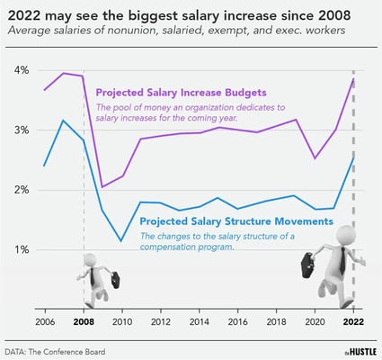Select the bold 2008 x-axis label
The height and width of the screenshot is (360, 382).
(84, 321)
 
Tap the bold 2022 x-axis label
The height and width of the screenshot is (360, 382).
(352, 321)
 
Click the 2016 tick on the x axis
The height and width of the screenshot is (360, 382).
(236, 321)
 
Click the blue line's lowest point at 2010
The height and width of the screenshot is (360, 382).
(121, 240)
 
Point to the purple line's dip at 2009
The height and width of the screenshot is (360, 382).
(102, 187)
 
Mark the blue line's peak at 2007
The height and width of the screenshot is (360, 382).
(63, 121)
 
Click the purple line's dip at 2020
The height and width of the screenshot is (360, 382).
(314, 158)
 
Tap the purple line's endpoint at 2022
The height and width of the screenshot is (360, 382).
(352, 79)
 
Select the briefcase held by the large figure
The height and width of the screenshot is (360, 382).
(306, 264)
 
